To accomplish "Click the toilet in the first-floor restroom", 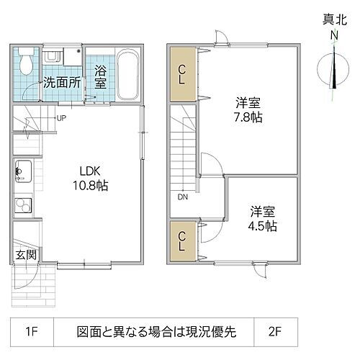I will (x=25, y=60).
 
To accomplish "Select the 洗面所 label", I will (x=60, y=81).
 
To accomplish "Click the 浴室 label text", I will (x=100, y=77).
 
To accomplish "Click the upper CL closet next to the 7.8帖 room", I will (x=182, y=73).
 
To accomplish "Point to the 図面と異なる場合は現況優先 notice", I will (x=166, y=333).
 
